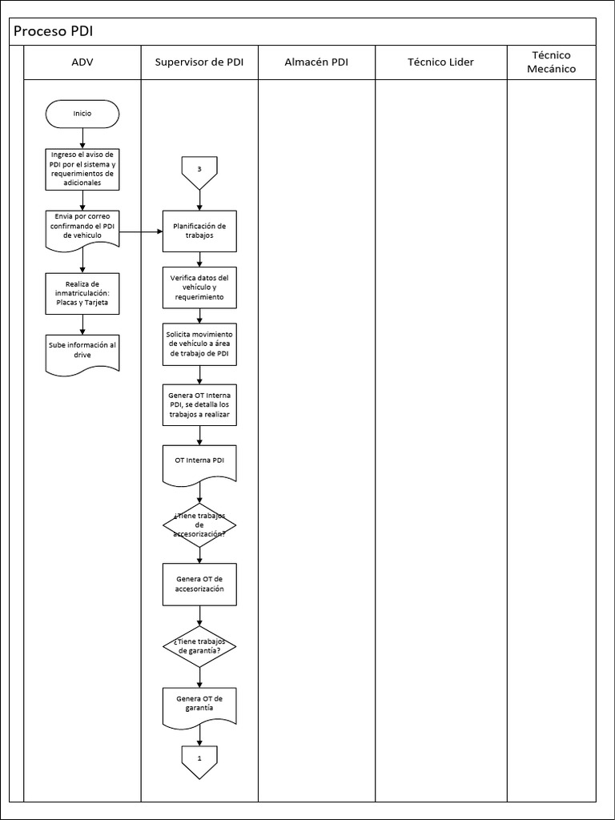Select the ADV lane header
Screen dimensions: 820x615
[x=82, y=62]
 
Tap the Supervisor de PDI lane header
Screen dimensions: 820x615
[x=199, y=62]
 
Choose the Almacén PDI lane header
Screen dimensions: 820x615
[x=316, y=62]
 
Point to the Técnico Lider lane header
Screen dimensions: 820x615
[x=440, y=62]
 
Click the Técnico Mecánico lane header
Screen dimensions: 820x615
[x=551, y=62]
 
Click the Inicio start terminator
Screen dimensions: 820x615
[x=82, y=114]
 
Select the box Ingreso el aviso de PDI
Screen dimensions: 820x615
[x=82, y=168]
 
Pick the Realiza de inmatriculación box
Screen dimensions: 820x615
[x=82, y=292]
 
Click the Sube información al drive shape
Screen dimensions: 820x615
[x=82, y=351]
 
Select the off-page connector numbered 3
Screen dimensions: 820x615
[x=199, y=171]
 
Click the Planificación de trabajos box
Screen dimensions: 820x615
[x=199, y=231]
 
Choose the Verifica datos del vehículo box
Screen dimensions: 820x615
[x=199, y=287]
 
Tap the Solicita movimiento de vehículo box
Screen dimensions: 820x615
[x=199, y=344]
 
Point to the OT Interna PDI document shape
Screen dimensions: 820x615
[x=199, y=463]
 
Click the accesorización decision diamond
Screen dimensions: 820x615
[x=199, y=525]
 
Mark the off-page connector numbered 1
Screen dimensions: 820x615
[x=199, y=759]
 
